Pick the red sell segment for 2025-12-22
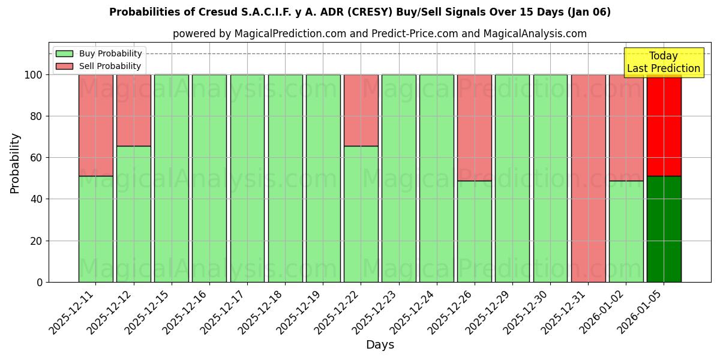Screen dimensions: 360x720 pos(361,110)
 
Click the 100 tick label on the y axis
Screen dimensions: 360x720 pos(34,75)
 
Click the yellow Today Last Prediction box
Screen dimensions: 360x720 pos(663,62)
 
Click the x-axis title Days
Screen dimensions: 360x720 pos(380,345)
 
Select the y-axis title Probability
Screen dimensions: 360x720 pos(15,163)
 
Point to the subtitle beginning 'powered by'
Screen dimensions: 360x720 pos(380,34)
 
